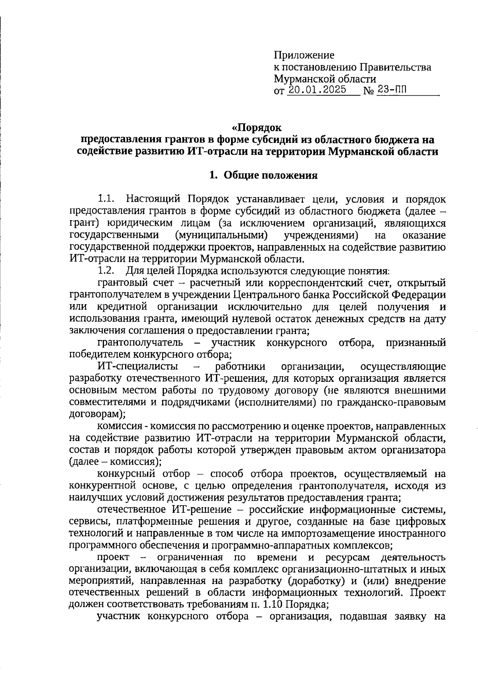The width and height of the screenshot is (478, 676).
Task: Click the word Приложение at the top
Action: pos(304,55)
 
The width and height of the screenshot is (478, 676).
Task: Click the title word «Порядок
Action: pos(257,128)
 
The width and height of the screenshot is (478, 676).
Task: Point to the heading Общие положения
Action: pos(270,175)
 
